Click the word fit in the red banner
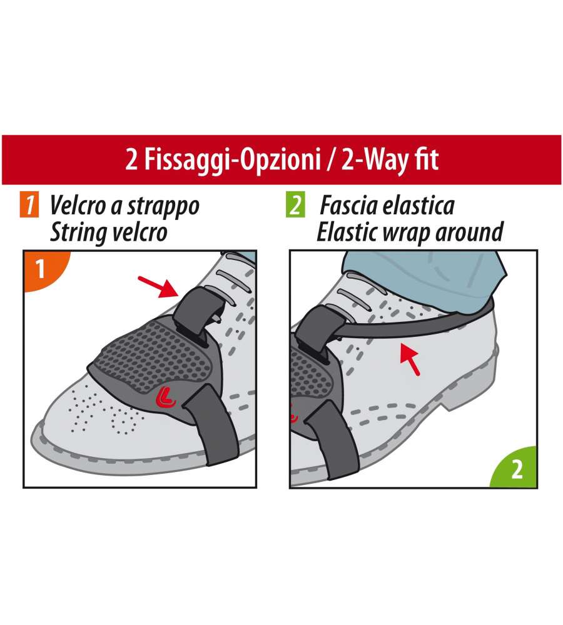(x=427, y=159)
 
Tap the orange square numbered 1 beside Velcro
(x=29, y=204)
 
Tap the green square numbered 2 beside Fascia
(x=295, y=204)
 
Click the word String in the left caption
(x=76, y=233)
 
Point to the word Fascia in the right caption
(x=348, y=206)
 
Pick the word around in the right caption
(x=469, y=232)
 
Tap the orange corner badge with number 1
(x=44, y=269)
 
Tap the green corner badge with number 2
(x=515, y=468)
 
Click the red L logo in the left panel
(x=166, y=397)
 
